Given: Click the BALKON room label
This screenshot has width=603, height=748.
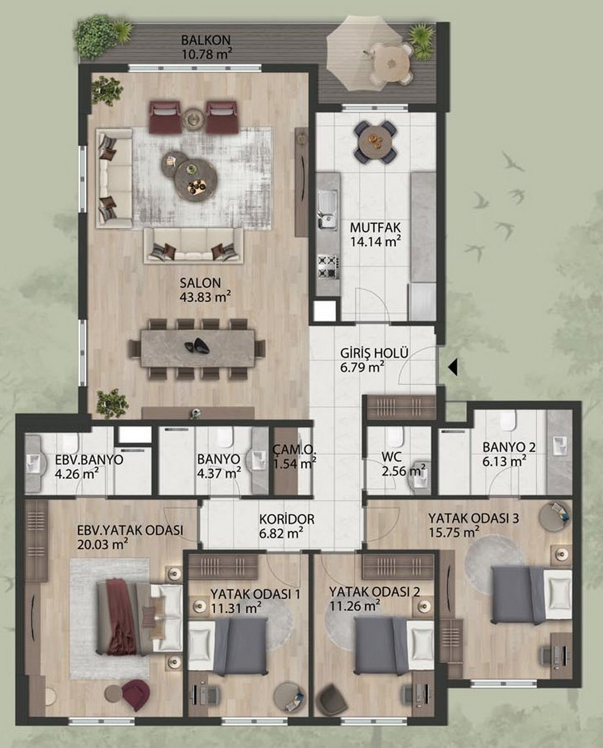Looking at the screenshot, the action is [x=206, y=40].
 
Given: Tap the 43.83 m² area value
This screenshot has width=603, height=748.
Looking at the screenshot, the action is [x=205, y=297].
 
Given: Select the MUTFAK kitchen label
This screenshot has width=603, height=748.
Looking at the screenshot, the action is [x=375, y=227].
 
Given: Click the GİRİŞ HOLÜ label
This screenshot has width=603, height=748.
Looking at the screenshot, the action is [x=374, y=353].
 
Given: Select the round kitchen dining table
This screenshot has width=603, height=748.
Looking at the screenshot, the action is [x=375, y=142].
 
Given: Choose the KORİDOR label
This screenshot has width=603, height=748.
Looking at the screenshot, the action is [x=287, y=519].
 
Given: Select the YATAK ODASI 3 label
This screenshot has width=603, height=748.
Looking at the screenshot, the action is [x=474, y=518].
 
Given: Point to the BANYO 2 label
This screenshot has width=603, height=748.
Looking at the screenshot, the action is [x=509, y=447].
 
